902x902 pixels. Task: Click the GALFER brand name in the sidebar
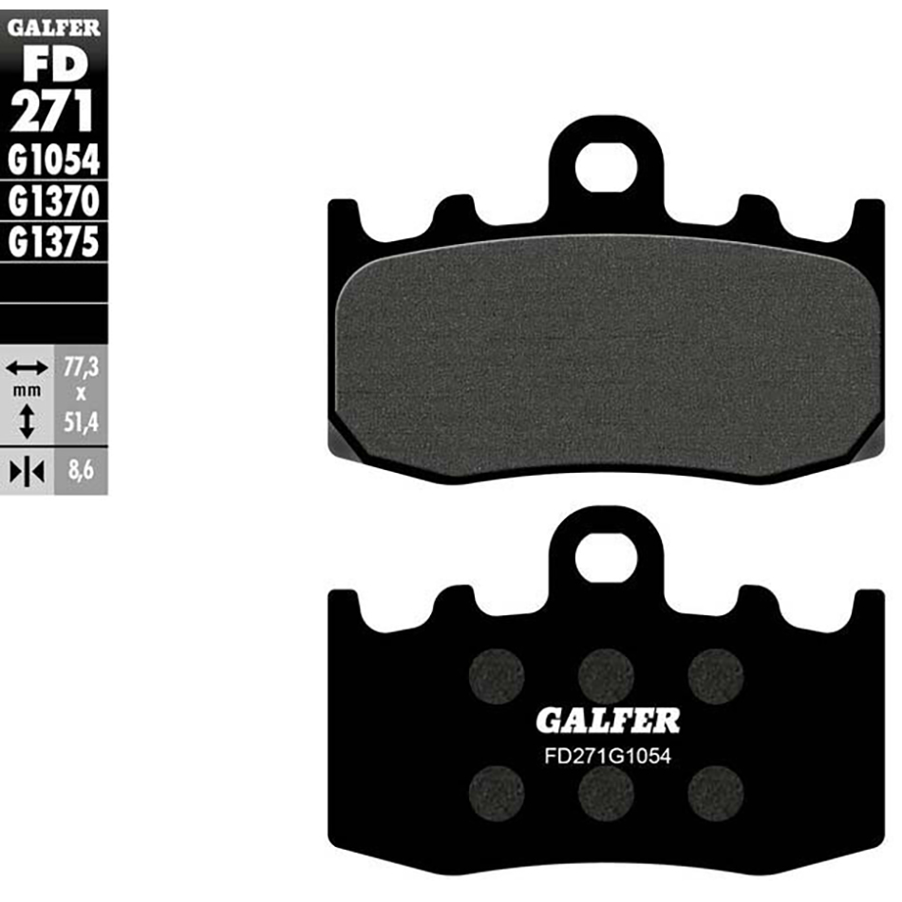[53, 27]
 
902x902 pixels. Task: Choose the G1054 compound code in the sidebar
[53, 160]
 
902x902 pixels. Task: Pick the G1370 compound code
[53, 200]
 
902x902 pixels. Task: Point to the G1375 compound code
[53, 242]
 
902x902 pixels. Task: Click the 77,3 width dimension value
[81, 367]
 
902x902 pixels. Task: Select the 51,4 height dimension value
[81, 423]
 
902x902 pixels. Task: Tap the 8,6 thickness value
[81, 470]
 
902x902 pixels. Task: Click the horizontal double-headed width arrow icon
[27, 367]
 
